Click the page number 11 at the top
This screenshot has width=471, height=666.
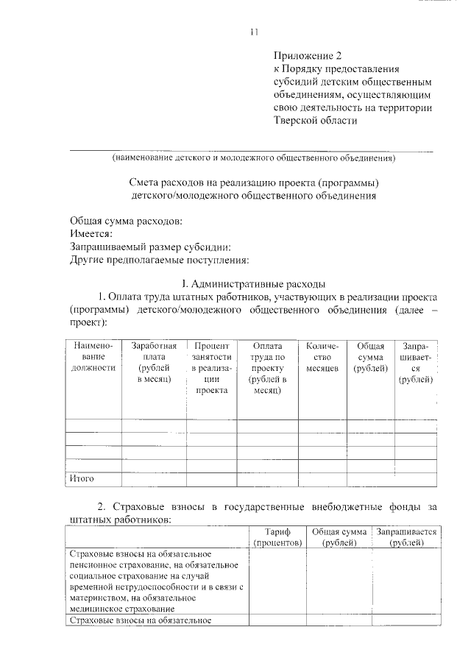click(x=255, y=32)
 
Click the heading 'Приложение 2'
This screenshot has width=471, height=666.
click(x=308, y=55)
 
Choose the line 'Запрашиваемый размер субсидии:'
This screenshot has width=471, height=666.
click(x=151, y=247)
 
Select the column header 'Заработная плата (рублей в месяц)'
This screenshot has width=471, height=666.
click(x=154, y=361)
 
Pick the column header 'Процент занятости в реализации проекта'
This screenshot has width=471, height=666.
click(x=211, y=368)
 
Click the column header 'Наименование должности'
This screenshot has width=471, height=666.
click(x=92, y=356)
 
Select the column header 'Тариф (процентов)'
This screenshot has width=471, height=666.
click(x=277, y=536)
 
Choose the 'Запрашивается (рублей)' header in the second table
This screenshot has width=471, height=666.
click(x=406, y=536)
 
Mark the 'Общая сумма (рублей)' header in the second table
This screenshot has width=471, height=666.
click(x=339, y=536)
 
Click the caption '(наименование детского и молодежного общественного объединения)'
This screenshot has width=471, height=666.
click(x=254, y=157)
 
